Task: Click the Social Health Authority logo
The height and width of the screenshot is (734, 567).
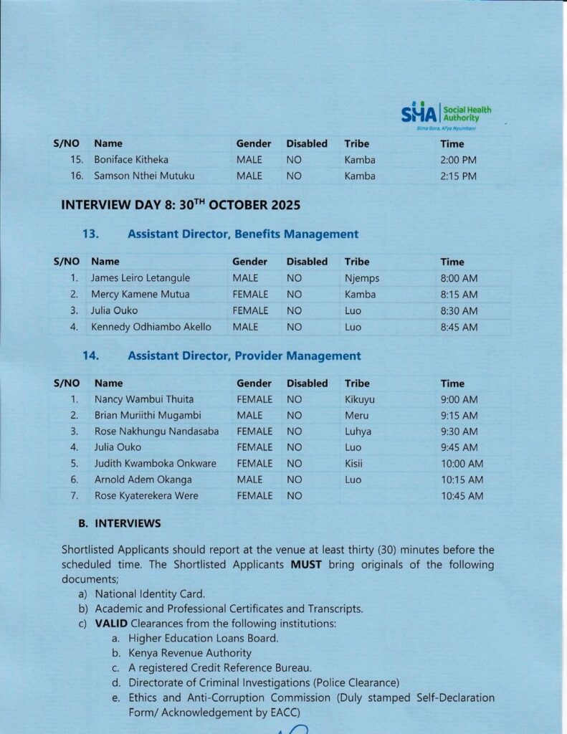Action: click(446, 114)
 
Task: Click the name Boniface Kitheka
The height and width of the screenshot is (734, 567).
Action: click(131, 160)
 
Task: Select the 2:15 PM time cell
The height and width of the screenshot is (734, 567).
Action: click(458, 176)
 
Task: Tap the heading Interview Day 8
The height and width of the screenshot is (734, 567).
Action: click(180, 205)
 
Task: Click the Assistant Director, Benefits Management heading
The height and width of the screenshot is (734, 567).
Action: click(242, 234)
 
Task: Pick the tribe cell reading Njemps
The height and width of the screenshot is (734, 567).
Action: click(362, 278)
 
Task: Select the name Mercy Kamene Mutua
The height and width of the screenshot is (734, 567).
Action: click(140, 295)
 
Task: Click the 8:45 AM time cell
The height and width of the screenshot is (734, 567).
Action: click(459, 328)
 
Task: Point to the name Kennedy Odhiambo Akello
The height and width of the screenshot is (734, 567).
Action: click(151, 328)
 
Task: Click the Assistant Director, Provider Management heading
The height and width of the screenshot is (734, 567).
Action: click(244, 356)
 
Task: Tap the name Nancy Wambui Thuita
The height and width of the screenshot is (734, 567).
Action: click(144, 399)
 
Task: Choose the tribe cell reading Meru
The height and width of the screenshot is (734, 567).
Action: click(357, 416)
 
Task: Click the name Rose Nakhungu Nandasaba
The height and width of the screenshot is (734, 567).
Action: click(156, 432)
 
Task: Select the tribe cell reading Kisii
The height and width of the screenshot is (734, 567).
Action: click(355, 464)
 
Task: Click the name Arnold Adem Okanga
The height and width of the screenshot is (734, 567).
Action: click(143, 480)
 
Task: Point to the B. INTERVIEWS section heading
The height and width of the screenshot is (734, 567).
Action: click(120, 524)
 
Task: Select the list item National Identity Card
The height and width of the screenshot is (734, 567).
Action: click(150, 594)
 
